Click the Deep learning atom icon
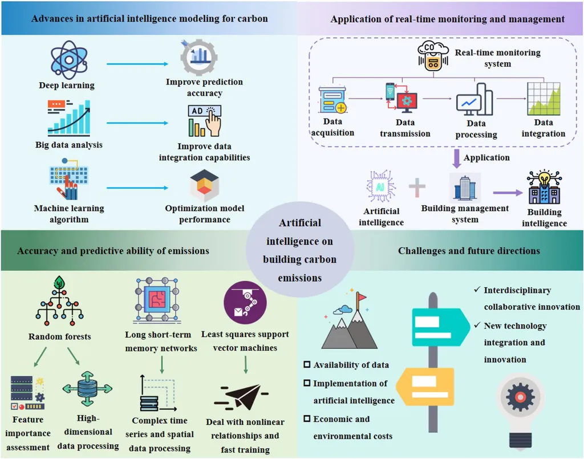coord(68,59)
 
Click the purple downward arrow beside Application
coord(456,157)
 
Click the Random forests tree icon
coord(59,302)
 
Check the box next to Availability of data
coord(308,365)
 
